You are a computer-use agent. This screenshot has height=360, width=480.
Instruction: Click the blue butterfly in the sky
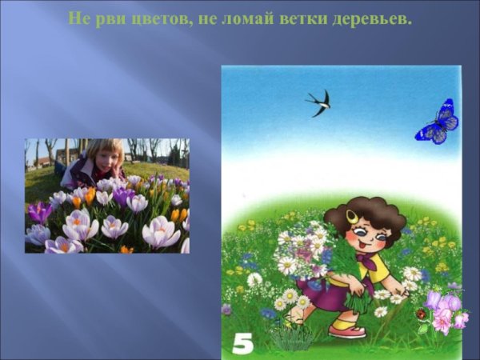437,122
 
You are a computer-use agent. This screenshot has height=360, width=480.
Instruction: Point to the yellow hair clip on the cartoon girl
353,216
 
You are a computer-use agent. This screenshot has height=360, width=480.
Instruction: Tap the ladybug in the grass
421,314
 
